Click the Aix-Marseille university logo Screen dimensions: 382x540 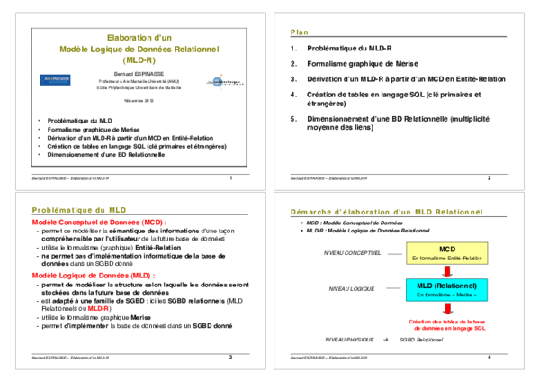coord(55,79)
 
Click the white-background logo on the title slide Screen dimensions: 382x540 coord(225,82)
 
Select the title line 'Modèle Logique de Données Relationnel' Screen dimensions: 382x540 coord(139,49)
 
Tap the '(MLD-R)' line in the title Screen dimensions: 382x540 coord(139,60)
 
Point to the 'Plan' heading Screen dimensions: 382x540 coord(300,32)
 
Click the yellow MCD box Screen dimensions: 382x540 coord(446,252)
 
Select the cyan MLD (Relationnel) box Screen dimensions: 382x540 coord(446,289)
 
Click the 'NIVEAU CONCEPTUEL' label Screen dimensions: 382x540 coord(352,253)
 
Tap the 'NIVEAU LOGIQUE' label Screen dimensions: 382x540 coord(351,289)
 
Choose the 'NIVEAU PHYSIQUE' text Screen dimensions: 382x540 coord(348,340)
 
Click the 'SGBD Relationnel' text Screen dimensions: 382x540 coord(421,340)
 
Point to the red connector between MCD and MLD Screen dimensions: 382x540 coord(447,271)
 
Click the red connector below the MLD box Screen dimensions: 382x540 coord(447,308)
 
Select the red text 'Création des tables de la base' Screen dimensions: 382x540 coord(447,321)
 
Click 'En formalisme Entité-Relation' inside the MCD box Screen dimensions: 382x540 coord(446,259)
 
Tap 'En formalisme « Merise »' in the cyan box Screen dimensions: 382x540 coord(446,296)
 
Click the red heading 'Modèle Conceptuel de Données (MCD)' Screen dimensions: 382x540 coord(99,223)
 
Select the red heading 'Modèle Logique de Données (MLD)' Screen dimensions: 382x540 coord(94,276)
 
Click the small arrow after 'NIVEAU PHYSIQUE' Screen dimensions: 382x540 coord(386,340)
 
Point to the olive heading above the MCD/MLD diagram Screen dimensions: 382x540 coord(387,212)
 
